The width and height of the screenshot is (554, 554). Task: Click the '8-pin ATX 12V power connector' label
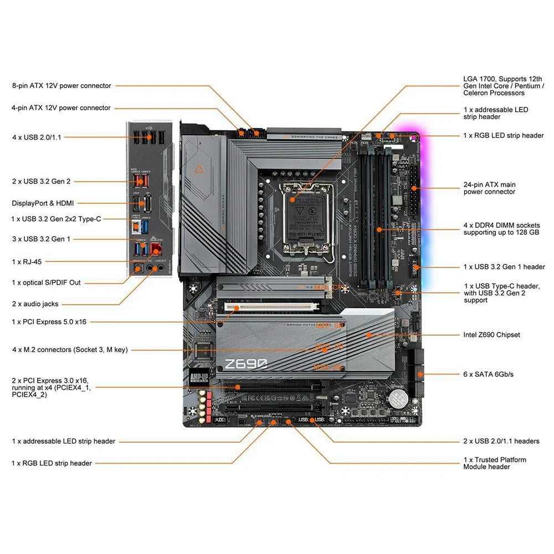click(61, 86)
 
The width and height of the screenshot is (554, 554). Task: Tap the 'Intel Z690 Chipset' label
click(491, 335)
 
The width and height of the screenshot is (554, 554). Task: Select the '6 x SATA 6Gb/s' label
click(488, 375)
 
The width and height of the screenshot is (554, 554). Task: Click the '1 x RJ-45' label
click(27, 261)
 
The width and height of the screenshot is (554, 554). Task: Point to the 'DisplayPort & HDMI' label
click(43, 203)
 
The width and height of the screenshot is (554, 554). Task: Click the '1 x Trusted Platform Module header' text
click(494, 463)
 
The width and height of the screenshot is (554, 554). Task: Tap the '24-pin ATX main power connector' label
click(489, 188)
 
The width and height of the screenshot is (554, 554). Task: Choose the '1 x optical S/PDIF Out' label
click(46, 283)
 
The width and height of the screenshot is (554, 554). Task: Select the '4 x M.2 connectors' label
click(70, 350)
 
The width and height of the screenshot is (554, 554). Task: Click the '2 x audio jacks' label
click(35, 304)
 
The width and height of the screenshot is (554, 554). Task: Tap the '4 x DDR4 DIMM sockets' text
click(501, 229)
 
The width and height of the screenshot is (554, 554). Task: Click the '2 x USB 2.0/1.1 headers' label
click(501, 441)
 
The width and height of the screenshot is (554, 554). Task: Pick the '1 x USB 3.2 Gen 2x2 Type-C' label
click(56, 219)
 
